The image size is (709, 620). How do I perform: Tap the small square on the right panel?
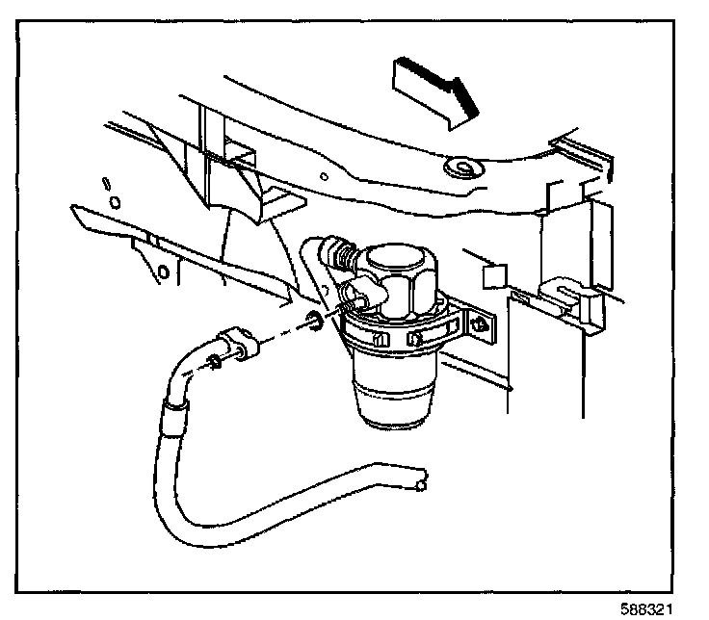point(492,277)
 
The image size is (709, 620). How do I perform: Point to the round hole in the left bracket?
point(164,272)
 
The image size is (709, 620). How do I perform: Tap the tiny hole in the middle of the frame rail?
point(330,179)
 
